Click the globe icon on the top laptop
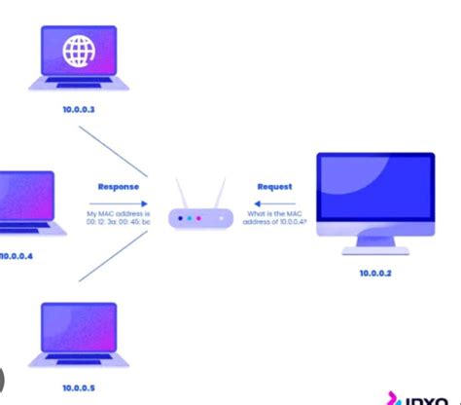click(78, 52)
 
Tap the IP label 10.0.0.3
click(78, 110)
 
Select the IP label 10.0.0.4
click(17, 256)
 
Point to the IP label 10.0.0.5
click(78, 387)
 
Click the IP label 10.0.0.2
click(374, 275)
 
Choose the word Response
click(119, 186)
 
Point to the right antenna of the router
click(220, 193)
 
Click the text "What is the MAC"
click(274, 214)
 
